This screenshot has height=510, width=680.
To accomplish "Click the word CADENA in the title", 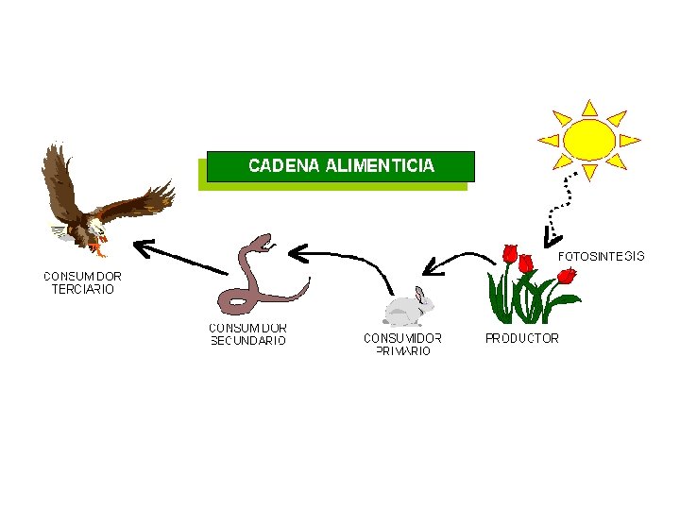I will coord(282,166).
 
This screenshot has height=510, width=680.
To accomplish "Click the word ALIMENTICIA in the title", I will coord(380,166).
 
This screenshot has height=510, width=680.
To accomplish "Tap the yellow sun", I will coord(588,139).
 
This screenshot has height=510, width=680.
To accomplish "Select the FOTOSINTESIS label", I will coord(603,256).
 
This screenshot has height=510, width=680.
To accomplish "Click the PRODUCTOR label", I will coord(521,338).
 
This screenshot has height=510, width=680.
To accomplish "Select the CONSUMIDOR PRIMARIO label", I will coord(402,344).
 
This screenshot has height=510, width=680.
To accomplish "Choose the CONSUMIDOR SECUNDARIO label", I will coord(247,334).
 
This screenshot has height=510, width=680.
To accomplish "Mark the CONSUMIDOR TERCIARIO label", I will coord(82,282).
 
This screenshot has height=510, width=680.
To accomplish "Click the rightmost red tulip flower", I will coord(566,275).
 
